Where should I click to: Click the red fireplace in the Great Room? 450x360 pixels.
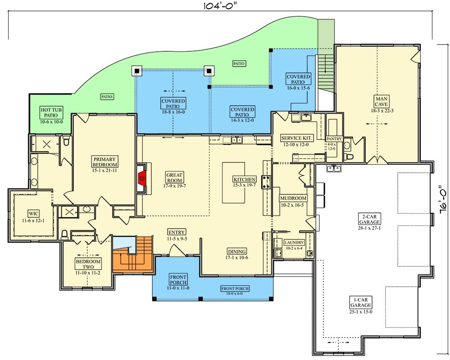point(142,178)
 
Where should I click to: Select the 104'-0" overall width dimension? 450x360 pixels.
point(221,6)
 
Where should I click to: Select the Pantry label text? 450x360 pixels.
point(334,139)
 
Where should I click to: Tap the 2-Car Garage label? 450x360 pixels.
point(369,219)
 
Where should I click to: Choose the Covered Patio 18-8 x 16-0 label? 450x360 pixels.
point(173,104)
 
